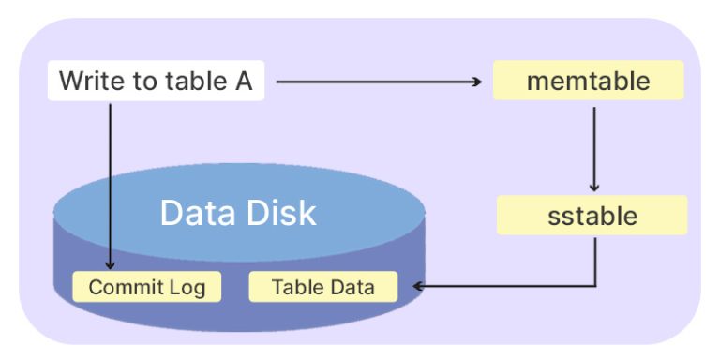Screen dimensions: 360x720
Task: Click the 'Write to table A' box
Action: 156,82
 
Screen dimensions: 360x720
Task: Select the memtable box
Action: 588,82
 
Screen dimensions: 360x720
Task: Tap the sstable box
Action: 592,216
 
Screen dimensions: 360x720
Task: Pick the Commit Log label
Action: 146,287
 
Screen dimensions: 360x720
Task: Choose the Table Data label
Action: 322,287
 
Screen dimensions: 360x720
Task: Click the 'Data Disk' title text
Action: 238,213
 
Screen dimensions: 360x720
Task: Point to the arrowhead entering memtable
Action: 476,82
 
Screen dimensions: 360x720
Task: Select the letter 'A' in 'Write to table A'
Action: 243,82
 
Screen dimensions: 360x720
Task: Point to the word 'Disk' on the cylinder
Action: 281,213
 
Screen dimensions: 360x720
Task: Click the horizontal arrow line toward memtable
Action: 375,82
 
